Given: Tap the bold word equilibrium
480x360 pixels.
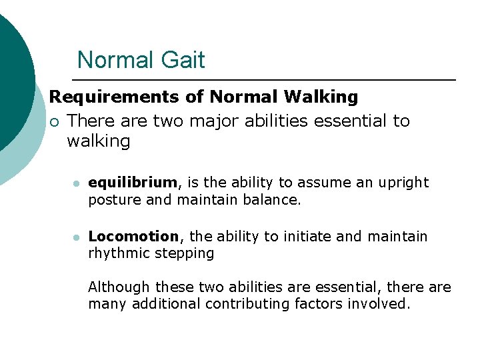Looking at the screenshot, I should [133, 183].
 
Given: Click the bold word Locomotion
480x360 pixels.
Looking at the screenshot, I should [133, 237].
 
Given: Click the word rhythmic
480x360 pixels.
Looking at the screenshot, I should [117, 254].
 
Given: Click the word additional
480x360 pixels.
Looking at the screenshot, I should [165, 305].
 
